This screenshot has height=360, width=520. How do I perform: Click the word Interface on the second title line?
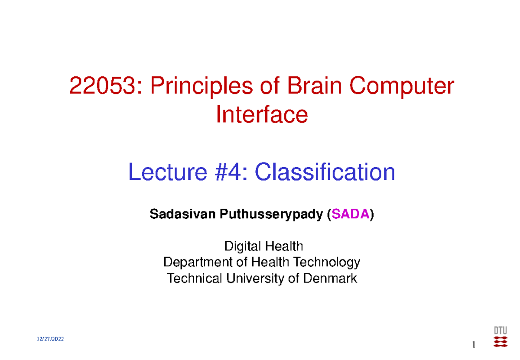262,115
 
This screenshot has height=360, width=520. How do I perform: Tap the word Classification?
325,173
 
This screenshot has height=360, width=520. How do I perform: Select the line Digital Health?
263,247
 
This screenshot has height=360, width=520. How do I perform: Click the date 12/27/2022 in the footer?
51,339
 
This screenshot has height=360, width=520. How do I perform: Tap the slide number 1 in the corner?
474,345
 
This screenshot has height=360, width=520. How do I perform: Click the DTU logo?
500,337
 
